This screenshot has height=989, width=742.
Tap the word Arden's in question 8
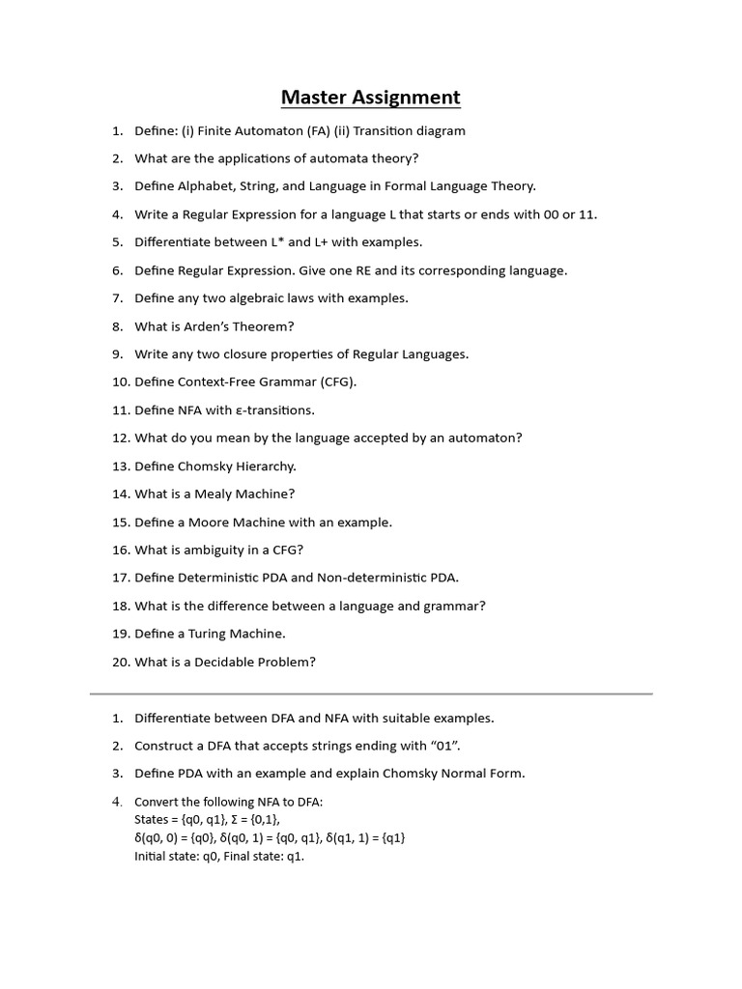[205, 326]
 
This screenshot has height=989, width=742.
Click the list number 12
[120, 438]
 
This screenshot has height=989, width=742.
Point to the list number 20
[120, 663]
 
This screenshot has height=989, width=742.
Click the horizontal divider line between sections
[371, 693]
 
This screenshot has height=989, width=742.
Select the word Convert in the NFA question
[157, 802]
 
